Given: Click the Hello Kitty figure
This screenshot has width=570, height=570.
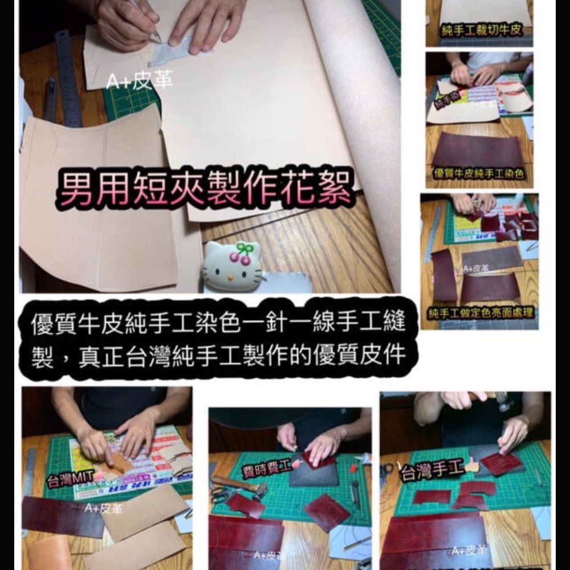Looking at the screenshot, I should click(x=232, y=264).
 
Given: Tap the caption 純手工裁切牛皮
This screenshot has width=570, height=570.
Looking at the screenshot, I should click(x=482, y=31).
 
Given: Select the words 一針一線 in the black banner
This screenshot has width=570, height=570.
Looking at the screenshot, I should click(x=270, y=323).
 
